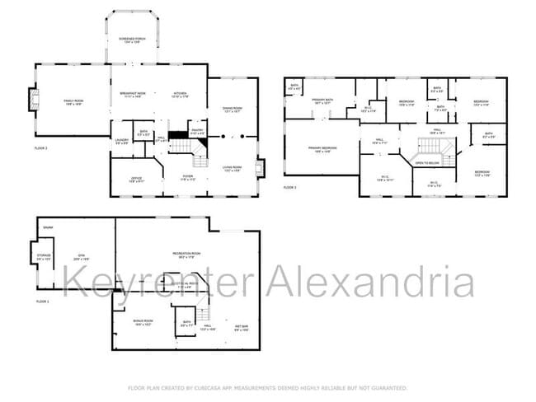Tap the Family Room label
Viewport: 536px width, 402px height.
[x=74, y=101]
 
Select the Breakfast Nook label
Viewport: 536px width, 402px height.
[x=129, y=94]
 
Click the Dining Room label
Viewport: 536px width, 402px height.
[x=233, y=110]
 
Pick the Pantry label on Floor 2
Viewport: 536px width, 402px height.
[x=197, y=130]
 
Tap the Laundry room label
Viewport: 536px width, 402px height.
[x=121, y=142]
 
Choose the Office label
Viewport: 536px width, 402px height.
[x=138, y=179]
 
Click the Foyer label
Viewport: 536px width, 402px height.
[x=187, y=179]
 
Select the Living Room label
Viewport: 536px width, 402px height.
[x=232, y=169]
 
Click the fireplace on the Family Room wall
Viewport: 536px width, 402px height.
[x=33, y=100]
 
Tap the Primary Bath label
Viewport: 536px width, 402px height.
[x=321, y=101]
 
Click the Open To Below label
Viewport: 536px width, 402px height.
[x=426, y=163]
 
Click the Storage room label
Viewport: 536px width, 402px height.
[x=44, y=258]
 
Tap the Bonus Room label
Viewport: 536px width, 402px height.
[x=143, y=322]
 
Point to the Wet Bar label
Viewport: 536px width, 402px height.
[x=242, y=328]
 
